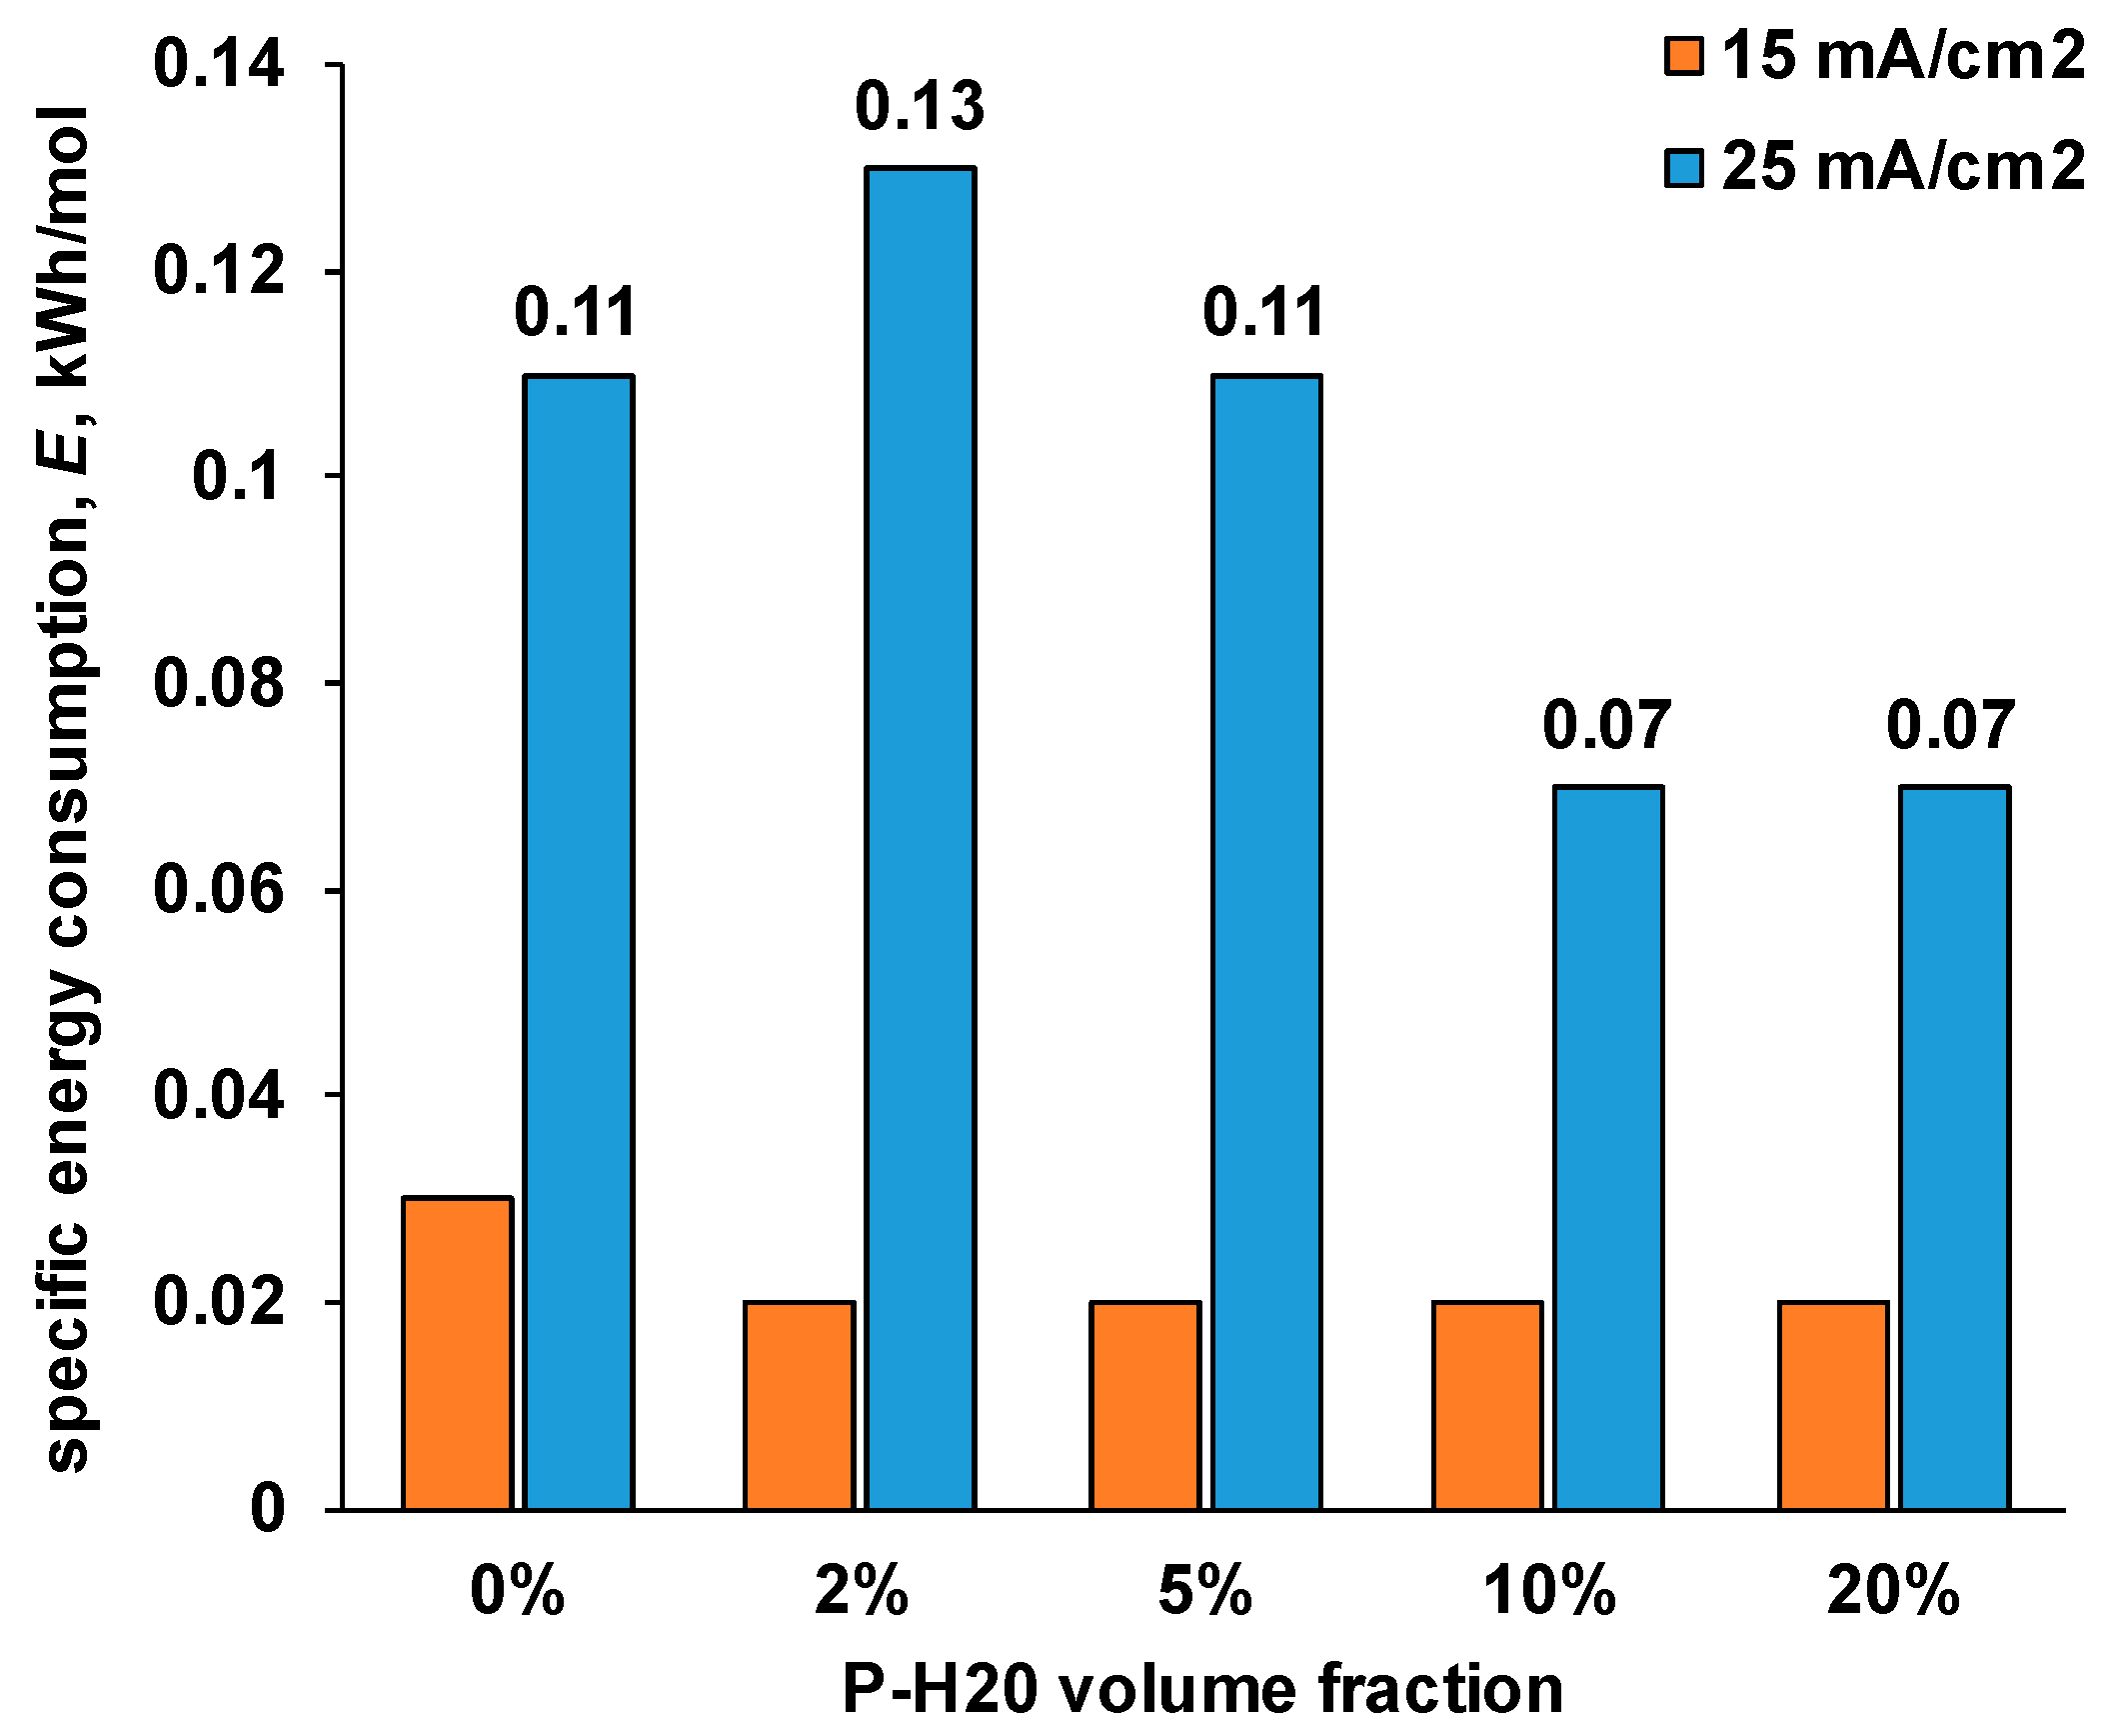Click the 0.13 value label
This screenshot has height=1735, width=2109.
pos(920,107)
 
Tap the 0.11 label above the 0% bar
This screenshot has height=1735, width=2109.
pos(575,313)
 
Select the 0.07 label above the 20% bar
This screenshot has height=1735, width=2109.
pos(1950,726)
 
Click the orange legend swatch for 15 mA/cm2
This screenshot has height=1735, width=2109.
pos(1683,57)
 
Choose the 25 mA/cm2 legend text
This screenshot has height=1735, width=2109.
pos(1903,167)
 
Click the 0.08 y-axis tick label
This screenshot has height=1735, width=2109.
pos(218,684)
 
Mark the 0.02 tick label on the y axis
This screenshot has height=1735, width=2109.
pos(218,1303)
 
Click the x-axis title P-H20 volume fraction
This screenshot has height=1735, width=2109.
pos(1202,1690)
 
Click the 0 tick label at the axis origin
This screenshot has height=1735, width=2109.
pos(267,1510)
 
